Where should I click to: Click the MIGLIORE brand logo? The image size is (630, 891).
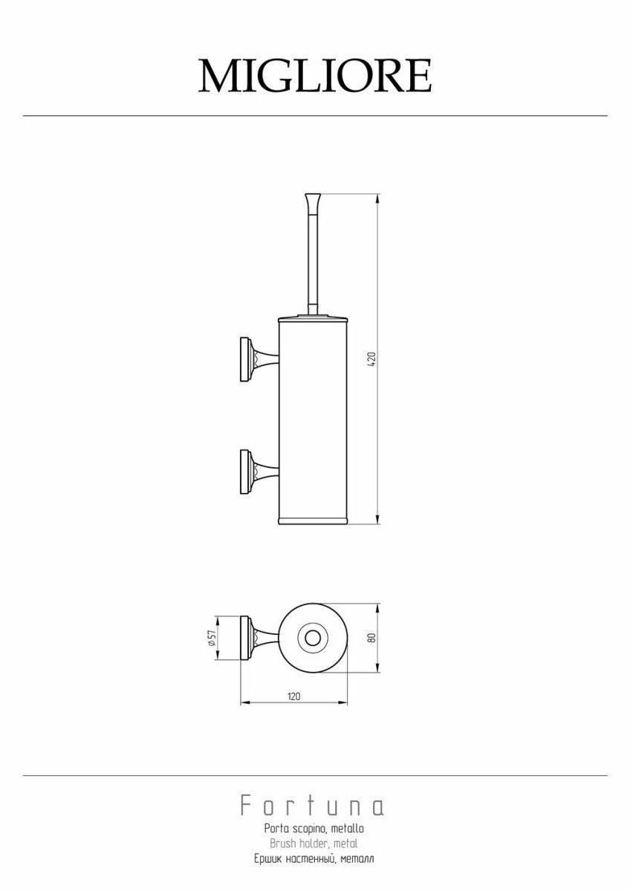pos(315,76)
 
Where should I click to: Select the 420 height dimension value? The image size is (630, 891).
pos(372,359)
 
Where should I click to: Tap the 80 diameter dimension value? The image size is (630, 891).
pos(372,638)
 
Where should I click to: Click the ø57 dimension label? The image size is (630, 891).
pos(211,638)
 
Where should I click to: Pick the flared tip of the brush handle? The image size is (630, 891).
pos(313,200)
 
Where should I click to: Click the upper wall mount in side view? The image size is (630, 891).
pos(259,360)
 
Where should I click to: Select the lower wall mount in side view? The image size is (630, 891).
pos(259,472)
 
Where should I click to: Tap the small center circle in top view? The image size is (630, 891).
pos(313,639)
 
